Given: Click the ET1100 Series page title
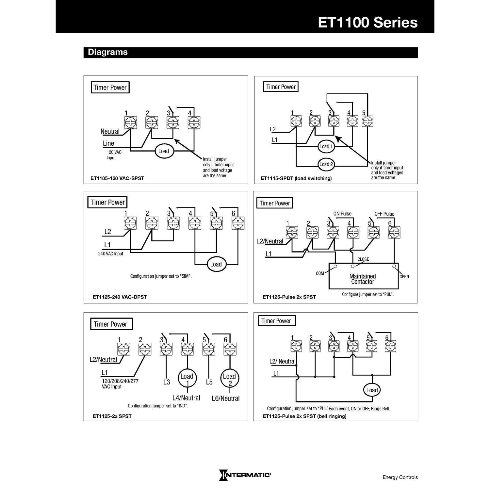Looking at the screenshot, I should point(367,23).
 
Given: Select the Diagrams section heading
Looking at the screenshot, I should point(108,52).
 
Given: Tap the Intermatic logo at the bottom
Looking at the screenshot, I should point(245,475).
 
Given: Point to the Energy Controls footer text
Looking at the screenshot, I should point(400,477).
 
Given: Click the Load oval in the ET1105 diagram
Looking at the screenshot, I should point(164,151).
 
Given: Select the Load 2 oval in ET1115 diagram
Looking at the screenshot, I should point(326,164).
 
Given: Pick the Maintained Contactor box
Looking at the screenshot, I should point(363,277).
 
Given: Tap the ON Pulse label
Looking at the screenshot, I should point(342,214).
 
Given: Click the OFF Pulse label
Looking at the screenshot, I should point(384,214).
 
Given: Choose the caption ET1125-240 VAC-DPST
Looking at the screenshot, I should point(120,297).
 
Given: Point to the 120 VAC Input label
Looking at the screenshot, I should point(113,155).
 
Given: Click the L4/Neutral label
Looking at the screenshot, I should point(186,398).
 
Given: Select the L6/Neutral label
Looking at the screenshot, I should point(225,398).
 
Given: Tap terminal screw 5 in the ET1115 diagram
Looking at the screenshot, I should point(367,121).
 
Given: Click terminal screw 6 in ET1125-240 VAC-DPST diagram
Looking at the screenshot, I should point(237,223).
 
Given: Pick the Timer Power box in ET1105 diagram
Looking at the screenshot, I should point(110,88).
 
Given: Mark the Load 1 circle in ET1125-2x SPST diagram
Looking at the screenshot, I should point(187,379).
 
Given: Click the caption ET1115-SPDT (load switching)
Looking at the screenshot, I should point(296,178).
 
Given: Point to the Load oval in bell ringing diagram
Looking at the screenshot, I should point(372,390).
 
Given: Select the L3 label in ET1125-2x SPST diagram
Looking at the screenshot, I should point(167,382).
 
